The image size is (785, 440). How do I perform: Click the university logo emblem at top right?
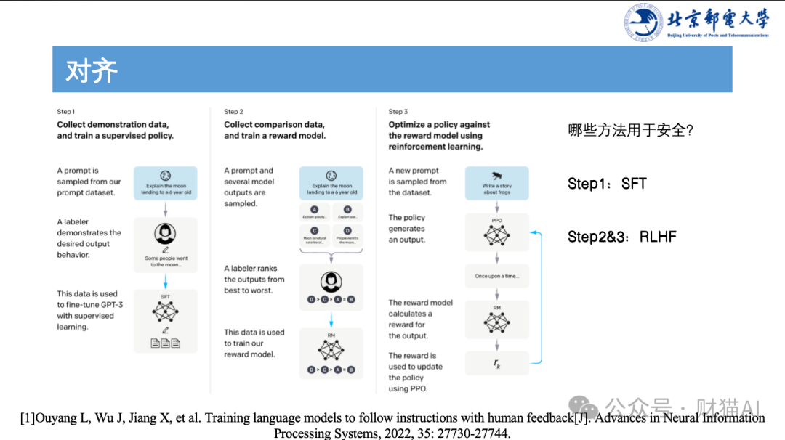(x=644, y=22)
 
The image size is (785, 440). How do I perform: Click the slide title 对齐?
(x=92, y=71)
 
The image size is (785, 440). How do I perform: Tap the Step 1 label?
(x=66, y=112)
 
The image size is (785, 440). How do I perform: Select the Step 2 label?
(x=233, y=112)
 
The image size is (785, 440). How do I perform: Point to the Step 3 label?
(x=398, y=112)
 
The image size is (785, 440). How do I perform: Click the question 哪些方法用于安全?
(x=631, y=131)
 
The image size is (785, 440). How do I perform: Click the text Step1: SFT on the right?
(x=607, y=184)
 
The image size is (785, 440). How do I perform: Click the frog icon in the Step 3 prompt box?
(x=497, y=176)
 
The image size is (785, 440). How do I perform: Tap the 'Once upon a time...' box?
(x=497, y=276)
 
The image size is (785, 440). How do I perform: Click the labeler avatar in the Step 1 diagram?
(x=166, y=234)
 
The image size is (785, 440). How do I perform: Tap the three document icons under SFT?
(x=166, y=342)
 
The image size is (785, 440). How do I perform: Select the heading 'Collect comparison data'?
(x=274, y=124)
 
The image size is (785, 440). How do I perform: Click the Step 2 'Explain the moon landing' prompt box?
(x=331, y=183)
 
